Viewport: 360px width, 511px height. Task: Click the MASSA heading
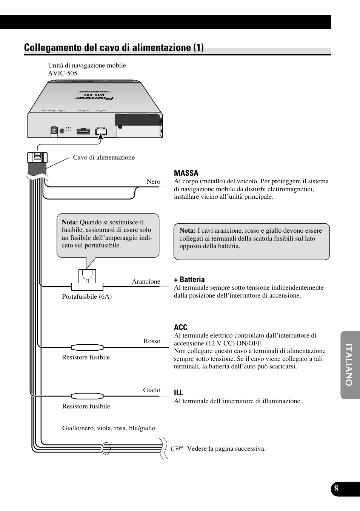pos(186,173)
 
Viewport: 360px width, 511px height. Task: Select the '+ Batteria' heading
pos(189,279)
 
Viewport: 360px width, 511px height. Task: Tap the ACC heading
pos(180,327)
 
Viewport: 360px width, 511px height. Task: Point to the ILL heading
pos(178,393)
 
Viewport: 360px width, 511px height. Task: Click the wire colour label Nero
pos(153,181)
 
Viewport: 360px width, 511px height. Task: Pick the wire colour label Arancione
pos(146,281)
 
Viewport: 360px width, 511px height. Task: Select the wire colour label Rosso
pos(152,341)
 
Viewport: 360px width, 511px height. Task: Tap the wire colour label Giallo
pos(151,390)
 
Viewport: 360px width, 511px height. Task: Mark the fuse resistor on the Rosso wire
pos(87,347)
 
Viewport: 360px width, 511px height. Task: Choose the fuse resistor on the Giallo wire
pos(87,396)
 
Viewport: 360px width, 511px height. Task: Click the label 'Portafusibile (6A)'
pos(87,296)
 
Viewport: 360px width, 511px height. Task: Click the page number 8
pos(336,489)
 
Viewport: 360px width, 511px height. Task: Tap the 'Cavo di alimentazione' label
pos(104,157)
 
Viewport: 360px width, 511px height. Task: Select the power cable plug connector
pos(37,158)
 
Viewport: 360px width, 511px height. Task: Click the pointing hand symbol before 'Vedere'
pos(177,448)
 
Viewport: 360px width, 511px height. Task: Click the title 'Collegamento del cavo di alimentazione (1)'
pos(114,48)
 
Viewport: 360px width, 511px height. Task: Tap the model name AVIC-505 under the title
pos(62,73)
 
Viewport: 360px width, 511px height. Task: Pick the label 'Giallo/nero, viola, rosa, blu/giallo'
pos(109,428)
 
